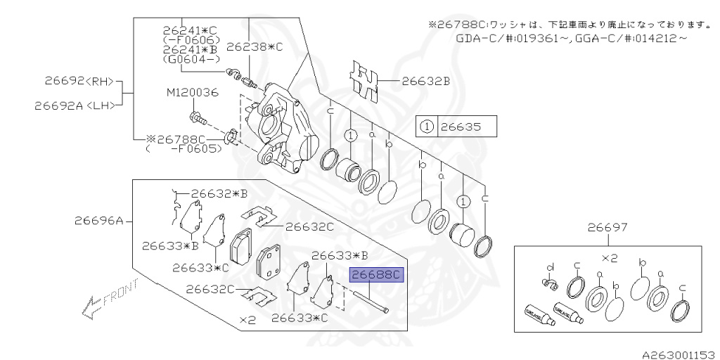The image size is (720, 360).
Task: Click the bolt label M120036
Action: click(x=193, y=92)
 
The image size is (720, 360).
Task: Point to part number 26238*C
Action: click(x=257, y=47)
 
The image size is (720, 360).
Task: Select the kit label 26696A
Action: click(x=98, y=221)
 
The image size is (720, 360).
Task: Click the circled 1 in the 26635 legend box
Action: click(x=425, y=127)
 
